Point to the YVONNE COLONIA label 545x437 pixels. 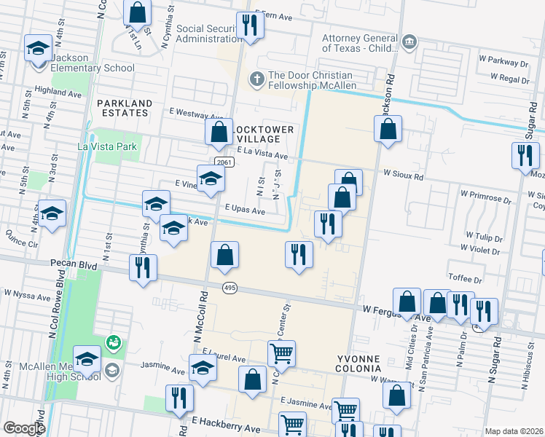coord(365,365)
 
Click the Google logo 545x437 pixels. coord(24,428)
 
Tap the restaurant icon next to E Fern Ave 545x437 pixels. coord(250,25)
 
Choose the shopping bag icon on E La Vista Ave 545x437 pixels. coord(219,133)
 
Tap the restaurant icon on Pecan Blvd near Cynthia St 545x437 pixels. coord(143,267)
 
